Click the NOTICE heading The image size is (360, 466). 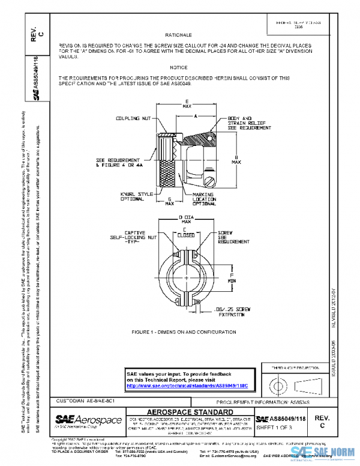point(179,67)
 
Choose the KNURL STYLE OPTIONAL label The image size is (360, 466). point(133,196)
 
